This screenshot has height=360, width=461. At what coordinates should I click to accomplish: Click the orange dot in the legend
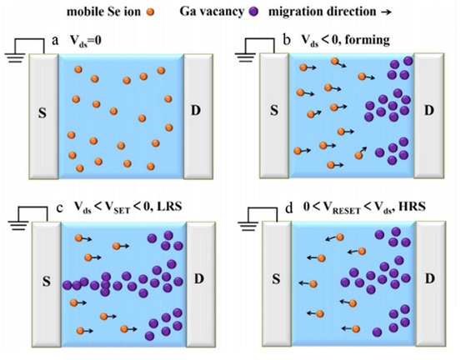point(150,12)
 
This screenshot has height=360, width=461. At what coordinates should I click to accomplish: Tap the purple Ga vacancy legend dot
point(253,12)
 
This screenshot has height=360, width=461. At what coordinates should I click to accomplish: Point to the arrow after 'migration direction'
point(386,12)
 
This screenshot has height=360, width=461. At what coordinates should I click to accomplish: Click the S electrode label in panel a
point(43,112)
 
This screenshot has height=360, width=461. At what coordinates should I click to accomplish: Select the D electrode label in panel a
point(196,111)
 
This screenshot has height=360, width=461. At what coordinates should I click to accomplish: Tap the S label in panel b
point(274,111)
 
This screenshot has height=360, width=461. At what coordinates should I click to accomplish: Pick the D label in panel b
point(429,111)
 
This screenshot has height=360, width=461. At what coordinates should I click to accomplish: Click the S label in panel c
point(47,281)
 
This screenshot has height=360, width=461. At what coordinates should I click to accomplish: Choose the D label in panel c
point(199,278)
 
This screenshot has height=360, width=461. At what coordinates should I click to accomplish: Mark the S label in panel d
point(276,279)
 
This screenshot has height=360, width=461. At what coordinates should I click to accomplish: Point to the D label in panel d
point(430,278)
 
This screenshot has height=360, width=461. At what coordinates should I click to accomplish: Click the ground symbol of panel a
point(15,57)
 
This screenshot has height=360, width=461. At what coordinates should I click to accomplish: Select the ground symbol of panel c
point(18,226)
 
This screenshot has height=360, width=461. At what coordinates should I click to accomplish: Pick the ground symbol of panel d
point(248,226)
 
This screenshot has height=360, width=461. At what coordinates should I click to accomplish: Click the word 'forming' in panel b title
point(368,40)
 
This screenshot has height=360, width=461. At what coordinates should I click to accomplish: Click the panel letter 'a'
point(55,41)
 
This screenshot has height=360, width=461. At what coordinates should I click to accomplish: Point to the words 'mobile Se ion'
point(103,12)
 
